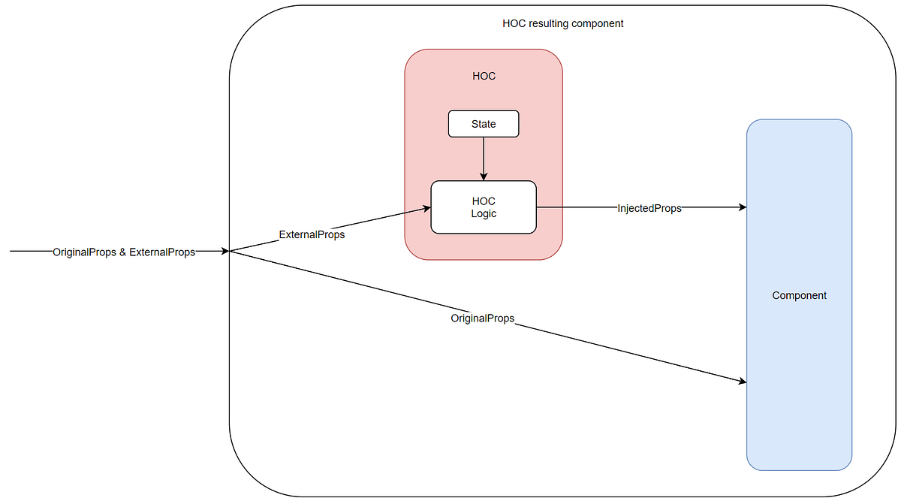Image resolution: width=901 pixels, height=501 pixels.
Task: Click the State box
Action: coord(484,124)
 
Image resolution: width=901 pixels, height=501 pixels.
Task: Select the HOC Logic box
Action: coord(484,207)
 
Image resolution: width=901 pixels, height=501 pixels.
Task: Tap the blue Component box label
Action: coord(799,295)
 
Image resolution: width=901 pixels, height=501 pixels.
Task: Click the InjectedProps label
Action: coord(649,208)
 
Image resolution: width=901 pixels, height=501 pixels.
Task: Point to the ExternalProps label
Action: coord(312,234)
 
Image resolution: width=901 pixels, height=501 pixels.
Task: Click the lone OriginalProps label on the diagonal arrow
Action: coord(482,318)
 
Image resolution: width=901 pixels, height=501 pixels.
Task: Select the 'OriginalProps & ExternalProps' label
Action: coord(124,252)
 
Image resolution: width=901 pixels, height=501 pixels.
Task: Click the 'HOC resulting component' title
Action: coord(562,23)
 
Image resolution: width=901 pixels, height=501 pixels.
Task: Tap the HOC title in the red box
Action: coord(484,76)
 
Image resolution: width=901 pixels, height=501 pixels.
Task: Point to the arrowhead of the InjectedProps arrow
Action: coord(742,207)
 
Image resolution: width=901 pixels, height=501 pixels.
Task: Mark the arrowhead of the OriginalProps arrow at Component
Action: coord(742,382)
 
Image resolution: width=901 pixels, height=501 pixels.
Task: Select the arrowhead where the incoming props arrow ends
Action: coord(224,252)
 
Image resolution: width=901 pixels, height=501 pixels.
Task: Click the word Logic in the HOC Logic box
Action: coord(484,214)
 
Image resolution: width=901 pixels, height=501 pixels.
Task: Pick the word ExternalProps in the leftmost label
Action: coord(162,252)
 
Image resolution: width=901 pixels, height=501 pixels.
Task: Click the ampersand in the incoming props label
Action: coord(123,252)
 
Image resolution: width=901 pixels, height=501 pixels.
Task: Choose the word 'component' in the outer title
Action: coord(598,23)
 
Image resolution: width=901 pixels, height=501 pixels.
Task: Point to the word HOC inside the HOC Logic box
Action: coord(484,201)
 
